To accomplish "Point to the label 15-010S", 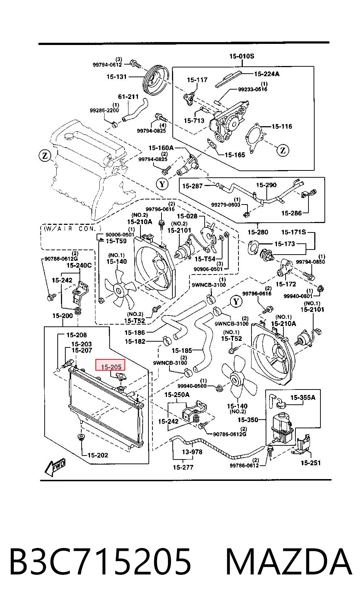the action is coord(242,56).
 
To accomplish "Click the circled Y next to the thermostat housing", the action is coord(162,184).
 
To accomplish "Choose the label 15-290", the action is coord(266,185).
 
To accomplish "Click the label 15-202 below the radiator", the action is coord(98,455).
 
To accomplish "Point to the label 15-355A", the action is coord(303,397).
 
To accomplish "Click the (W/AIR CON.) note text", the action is coord(72,228).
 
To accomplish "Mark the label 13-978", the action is coord(192,452).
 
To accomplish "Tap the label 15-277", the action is coord(183,467).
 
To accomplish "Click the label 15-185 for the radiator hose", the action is coord(182,350).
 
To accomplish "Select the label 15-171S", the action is coord(294,232).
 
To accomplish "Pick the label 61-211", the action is coord(128,97).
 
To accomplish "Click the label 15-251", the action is coord(311,463).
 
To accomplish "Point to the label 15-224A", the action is coord(267,74).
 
